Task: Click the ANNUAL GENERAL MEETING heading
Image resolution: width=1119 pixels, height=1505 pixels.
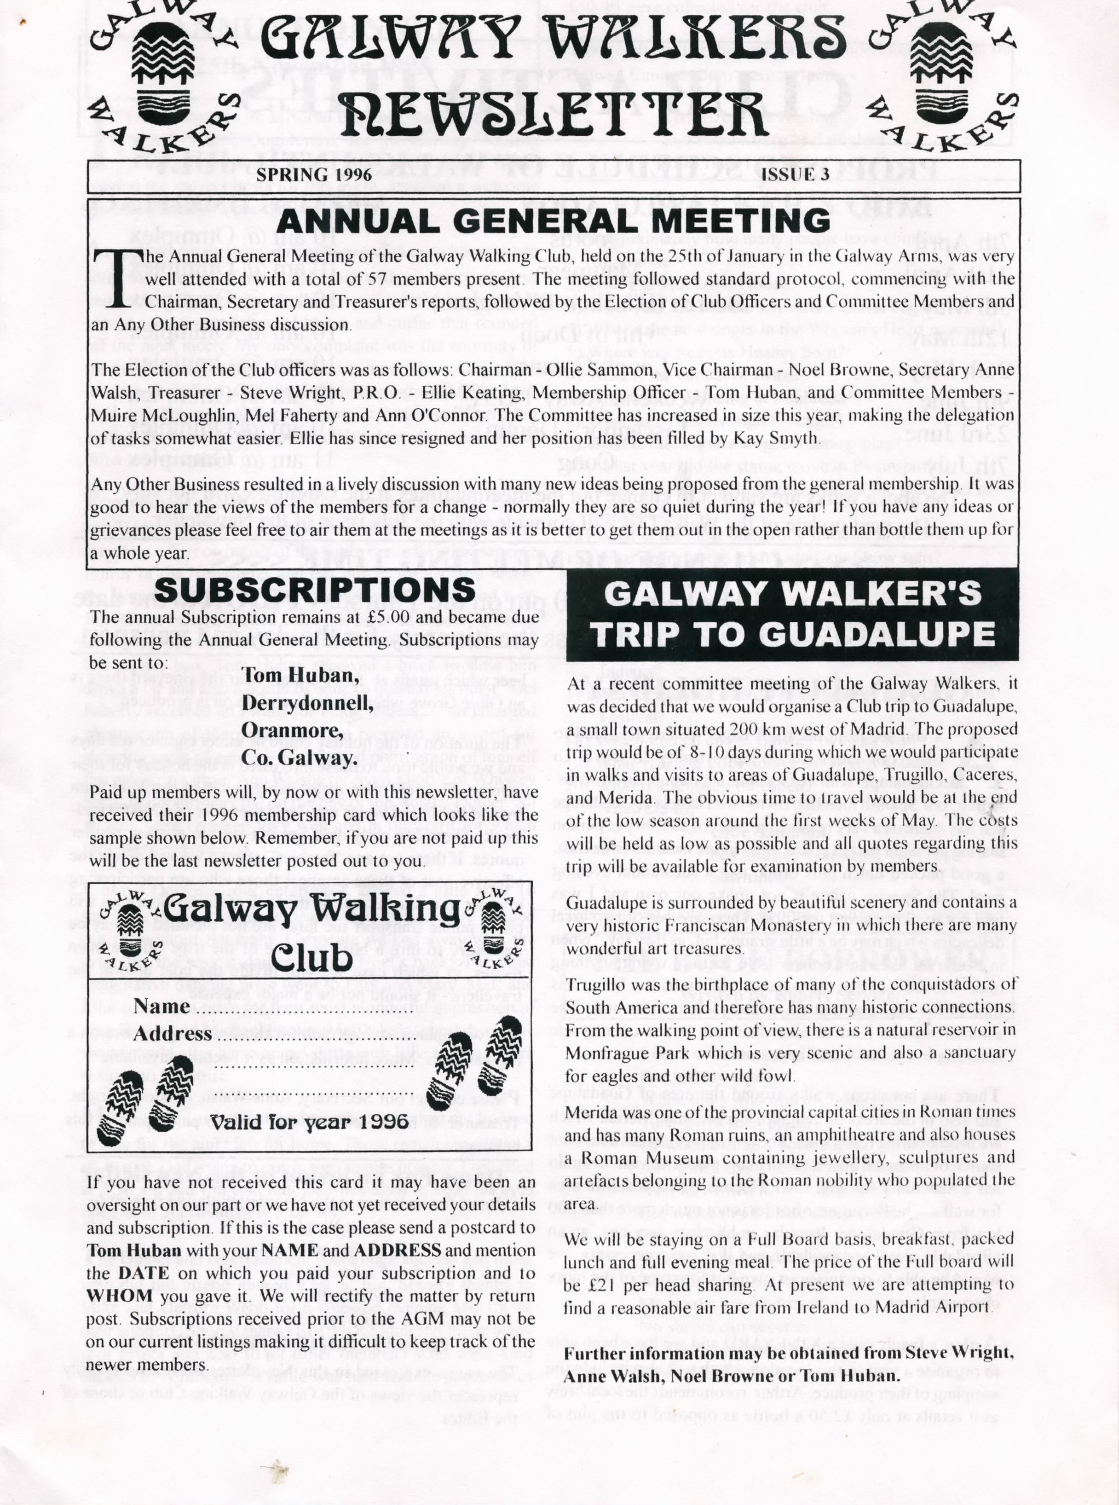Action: pyautogui.click(x=554, y=221)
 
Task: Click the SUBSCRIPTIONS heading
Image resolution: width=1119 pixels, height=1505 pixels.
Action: pyautogui.click(x=316, y=588)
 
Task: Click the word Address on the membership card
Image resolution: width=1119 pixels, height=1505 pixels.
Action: pyautogui.click(x=173, y=1035)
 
